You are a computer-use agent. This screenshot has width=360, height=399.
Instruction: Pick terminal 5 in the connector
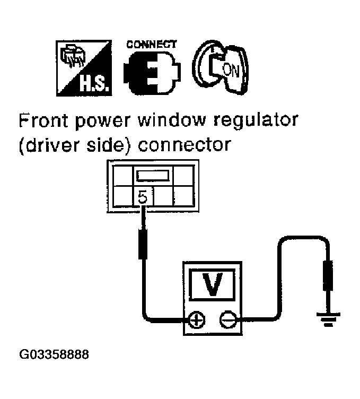coord(142,198)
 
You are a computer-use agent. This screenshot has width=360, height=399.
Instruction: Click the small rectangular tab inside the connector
coord(153,176)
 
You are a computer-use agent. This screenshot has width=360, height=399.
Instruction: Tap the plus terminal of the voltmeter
coord(197,320)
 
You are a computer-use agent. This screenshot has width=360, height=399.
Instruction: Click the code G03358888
coord(54,353)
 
